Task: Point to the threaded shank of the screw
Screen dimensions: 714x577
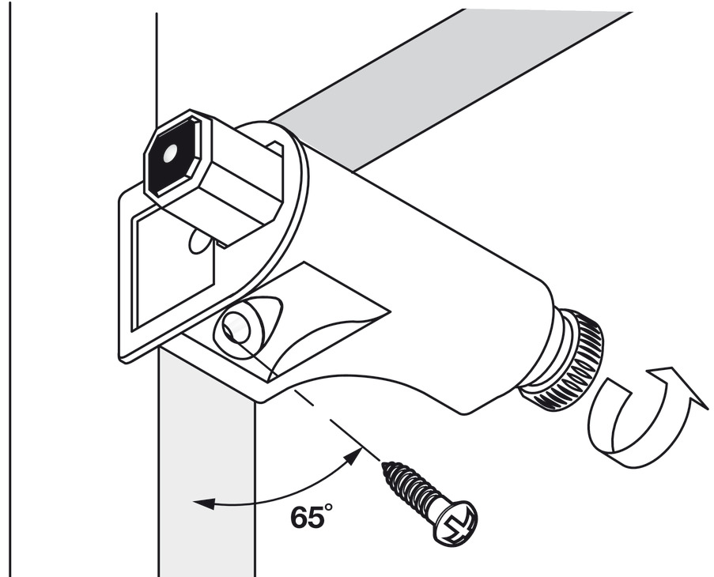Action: (414, 490)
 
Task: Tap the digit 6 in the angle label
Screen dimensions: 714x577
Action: (300, 519)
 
